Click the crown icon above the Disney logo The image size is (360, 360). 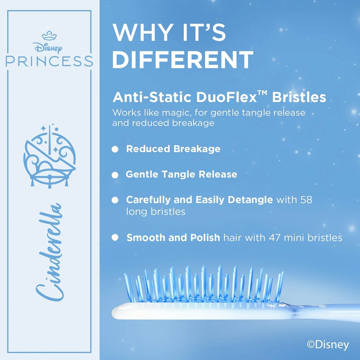point(49,35)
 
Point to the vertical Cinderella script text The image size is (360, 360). point(49,253)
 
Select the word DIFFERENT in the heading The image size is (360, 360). point(182,60)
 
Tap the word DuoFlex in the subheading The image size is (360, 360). point(226,97)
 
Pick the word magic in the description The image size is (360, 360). point(176,113)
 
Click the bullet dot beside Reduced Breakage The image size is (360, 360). point(115,149)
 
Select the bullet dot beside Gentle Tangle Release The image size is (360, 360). point(115,175)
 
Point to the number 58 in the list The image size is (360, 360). point(306,200)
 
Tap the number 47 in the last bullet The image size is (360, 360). point(275,238)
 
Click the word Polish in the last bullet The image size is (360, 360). point(205,238)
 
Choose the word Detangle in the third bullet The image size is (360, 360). point(250,200)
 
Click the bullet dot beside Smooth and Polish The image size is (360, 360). point(115,238)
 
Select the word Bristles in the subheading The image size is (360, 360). point(299,97)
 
